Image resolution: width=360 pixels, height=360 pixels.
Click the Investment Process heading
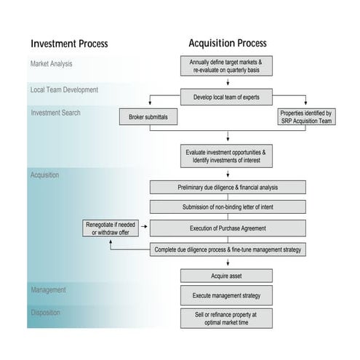click(69, 44)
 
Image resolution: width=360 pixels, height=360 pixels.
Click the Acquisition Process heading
click(227, 43)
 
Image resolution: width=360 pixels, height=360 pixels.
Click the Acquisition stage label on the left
click(45, 175)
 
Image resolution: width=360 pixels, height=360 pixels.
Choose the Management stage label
click(49, 289)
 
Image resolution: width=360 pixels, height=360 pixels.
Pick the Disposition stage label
click(47, 313)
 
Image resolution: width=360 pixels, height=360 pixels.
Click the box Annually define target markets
click(226, 67)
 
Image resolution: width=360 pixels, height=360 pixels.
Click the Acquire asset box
click(226, 275)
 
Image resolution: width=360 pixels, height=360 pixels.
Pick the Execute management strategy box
click(226, 296)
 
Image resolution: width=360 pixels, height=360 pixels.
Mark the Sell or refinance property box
click(226, 318)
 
